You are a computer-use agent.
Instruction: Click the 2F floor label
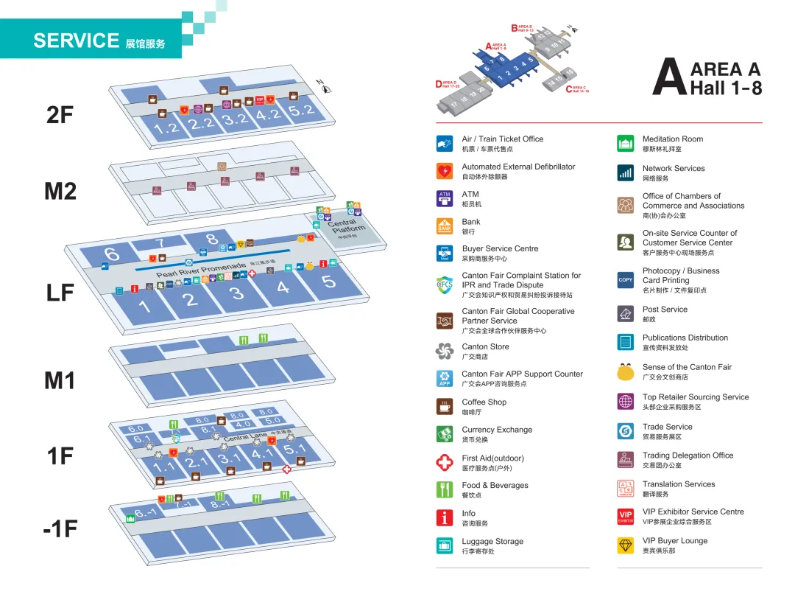pos(60,114)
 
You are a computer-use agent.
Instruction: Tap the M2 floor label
pos(60,191)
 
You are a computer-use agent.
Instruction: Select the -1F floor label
pos(60,528)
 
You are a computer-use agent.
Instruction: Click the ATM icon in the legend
pos(445,198)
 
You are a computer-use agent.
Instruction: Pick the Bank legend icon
pos(445,226)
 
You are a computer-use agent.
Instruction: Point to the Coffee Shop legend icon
pos(445,406)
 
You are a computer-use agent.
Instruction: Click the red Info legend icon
pos(445,517)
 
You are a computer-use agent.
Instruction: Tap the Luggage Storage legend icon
pos(445,545)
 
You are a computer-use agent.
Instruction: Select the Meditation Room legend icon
pos(626,143)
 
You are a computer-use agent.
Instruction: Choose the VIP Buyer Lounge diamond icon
pos(626,545)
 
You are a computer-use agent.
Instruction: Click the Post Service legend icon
pos(626,314)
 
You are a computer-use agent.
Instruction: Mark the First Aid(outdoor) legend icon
pos(445,462)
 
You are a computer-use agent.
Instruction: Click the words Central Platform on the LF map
pos(346,226)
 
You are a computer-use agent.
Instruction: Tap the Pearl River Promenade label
pos(199,270)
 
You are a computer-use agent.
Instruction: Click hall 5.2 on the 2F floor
pos(301,111)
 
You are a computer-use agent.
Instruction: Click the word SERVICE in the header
pos(76,41)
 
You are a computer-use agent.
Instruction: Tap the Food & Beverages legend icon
pos(445,489)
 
